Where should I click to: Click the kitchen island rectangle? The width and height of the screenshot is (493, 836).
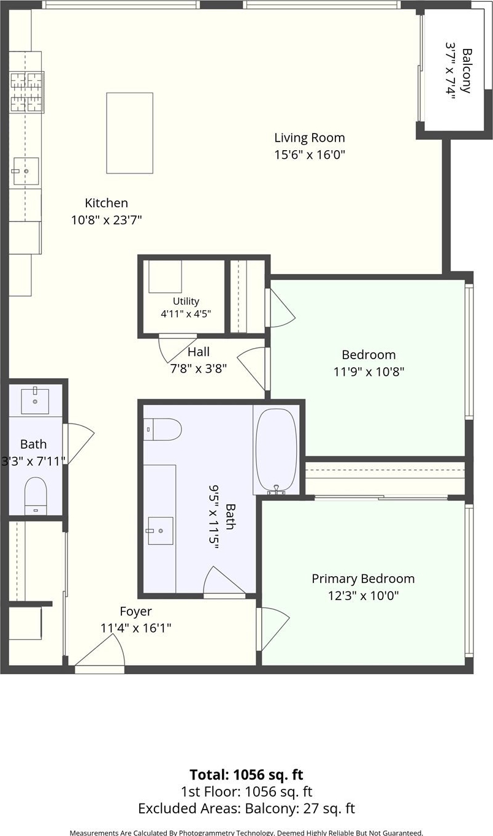[129, 133]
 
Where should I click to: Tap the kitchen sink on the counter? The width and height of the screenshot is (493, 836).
[26, 171]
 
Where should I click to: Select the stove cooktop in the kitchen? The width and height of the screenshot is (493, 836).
[27, 92]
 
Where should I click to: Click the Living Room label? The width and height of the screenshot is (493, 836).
[310, 138]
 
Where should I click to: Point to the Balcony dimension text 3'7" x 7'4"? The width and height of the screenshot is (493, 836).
[451, 71]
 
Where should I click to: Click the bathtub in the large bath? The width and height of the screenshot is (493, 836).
[277, 450]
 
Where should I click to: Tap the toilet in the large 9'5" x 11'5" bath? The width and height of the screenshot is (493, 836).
[163, 429]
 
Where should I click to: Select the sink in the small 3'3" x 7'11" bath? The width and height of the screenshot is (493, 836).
[35, 401]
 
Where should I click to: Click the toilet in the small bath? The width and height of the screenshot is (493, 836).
[36, 496]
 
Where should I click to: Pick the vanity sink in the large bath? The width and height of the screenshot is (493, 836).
[161, 531]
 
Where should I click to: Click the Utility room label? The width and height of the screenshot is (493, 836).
[186, 301]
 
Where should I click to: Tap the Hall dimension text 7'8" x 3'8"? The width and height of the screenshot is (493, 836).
[199, 369]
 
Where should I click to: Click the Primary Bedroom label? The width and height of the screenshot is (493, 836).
[364, 579]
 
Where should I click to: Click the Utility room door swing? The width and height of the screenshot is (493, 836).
[177, 349]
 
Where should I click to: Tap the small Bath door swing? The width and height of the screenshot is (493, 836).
[79, 444]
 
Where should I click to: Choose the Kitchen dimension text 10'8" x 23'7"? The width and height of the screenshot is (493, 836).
[107, 220]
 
